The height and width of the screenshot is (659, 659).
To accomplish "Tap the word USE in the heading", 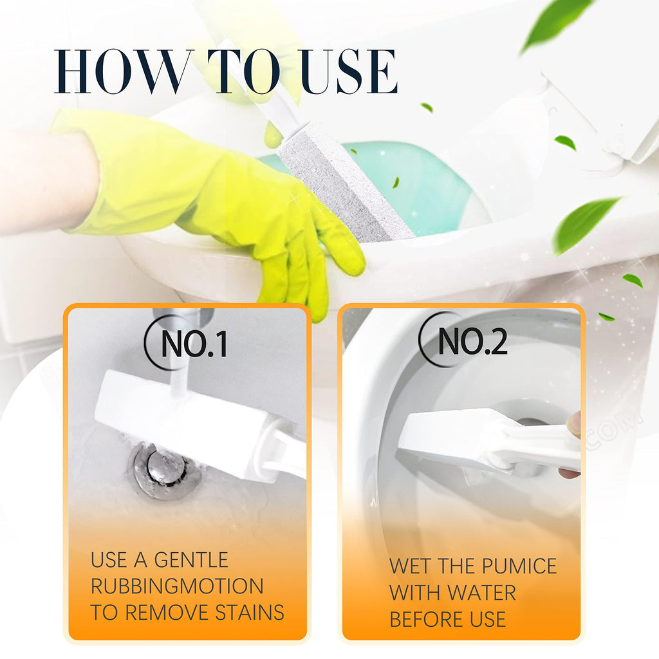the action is (x=349, y=71).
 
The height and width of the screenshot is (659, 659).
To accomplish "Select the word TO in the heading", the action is (x=244, y=71).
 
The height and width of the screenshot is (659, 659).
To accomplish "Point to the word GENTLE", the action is (x=191, y=561).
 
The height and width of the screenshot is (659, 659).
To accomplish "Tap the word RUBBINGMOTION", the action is (x=177, y=586).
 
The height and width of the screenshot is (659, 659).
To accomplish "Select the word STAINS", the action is (x=250, y=613).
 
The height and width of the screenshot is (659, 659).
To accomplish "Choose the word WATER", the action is (x=481, y=593).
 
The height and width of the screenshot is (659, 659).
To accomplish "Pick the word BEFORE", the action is (x=427, y=619).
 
